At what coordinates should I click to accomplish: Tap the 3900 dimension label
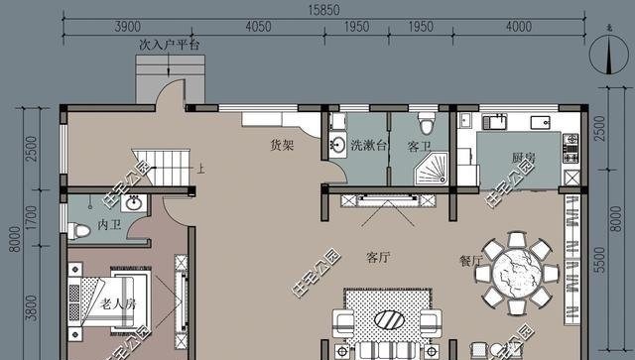coord(126,25)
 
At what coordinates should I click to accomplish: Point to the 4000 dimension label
coord(519,25)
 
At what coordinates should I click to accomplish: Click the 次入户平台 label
coord(169,46)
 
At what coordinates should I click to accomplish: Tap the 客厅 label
coord(378,258)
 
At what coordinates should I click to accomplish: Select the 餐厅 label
coord(471,262)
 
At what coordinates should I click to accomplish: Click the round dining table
coord(518,272)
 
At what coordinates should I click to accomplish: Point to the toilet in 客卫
coord(427,124)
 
